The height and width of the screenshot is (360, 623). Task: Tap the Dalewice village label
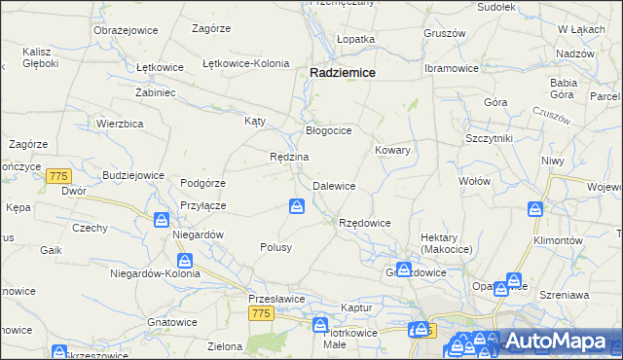coord(333,186)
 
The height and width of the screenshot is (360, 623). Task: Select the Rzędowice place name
coord(364,223)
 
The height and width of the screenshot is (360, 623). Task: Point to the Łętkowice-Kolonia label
coord(245,63)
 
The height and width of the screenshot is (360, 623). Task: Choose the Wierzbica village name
coord(121,124)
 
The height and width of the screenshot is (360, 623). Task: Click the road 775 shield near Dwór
coord(58,175)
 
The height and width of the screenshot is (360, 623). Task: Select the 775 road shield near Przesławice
coord(260,312)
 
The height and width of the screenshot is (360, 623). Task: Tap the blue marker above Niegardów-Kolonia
coord(185,261)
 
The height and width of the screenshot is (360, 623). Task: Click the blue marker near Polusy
coord(297,205)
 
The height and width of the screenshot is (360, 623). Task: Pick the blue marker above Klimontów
coord(535,209)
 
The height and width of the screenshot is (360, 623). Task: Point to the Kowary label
coord(392,151)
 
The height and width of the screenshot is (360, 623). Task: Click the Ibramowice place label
coord(451,69)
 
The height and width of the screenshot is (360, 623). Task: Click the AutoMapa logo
coord(556,341)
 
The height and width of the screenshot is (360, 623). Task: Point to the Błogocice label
coord(328,129)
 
